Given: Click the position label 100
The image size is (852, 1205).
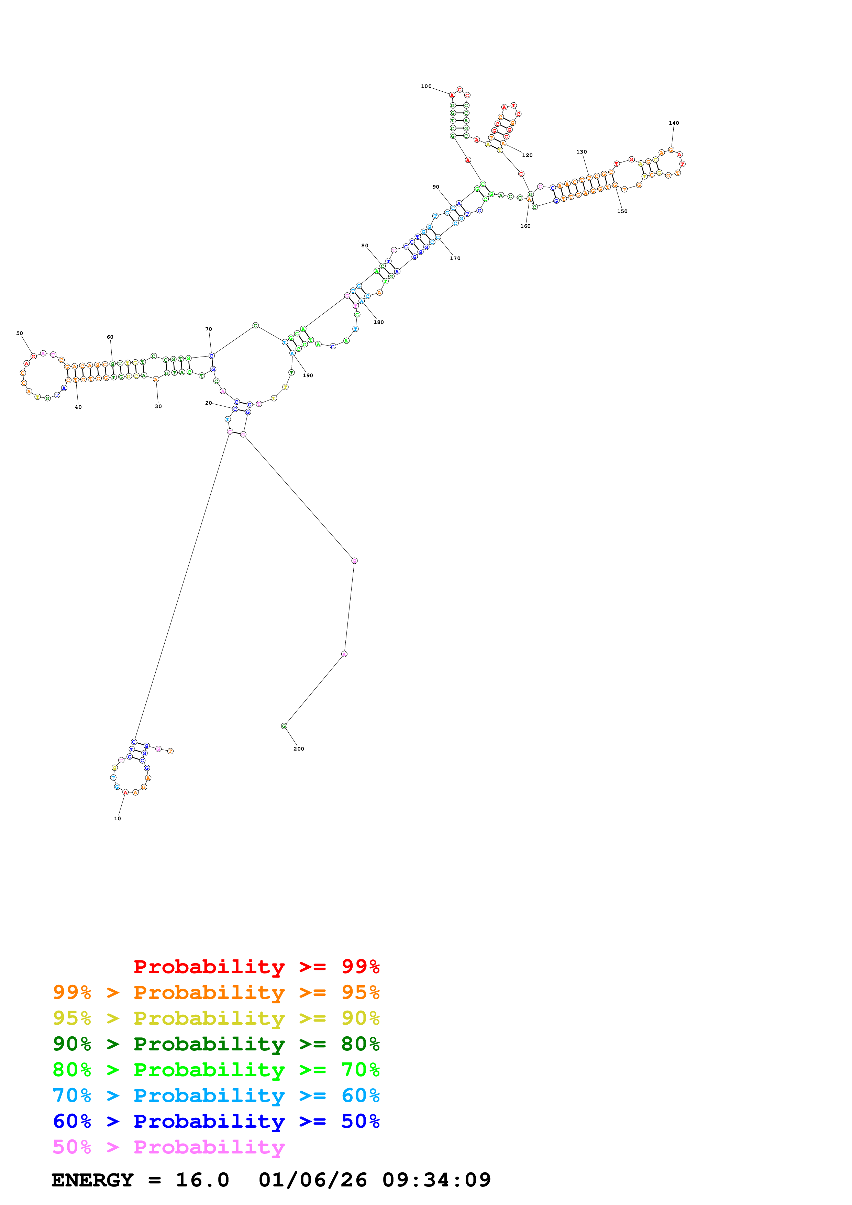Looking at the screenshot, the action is [x=426, y=87].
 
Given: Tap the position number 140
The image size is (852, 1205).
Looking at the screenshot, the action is [x=674, y=123].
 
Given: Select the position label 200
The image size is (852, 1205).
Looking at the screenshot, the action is [x=299, y=749].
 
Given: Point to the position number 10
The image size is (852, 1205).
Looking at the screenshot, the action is [x=118, y=819].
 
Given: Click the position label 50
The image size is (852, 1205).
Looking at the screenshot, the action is [x=20, y=333].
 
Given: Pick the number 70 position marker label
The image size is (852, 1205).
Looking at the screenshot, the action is [x=208, y=329].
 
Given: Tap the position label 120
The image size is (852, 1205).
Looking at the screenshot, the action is [x=527, y=155].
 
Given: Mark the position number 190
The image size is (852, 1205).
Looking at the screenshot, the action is [x=308, y=375].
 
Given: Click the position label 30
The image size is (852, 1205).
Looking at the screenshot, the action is [x=158, y=406].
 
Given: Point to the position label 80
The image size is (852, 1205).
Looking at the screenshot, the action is [x=365, y=246].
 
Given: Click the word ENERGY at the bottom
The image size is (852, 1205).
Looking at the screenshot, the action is [x=92, y=1180].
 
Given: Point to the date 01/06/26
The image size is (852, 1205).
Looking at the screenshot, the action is [x=312, y=1180].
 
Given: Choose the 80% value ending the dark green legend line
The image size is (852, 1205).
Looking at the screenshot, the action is [x=360, y=1044].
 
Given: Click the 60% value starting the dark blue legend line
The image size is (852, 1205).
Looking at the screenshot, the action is [x=72, y=1121].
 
